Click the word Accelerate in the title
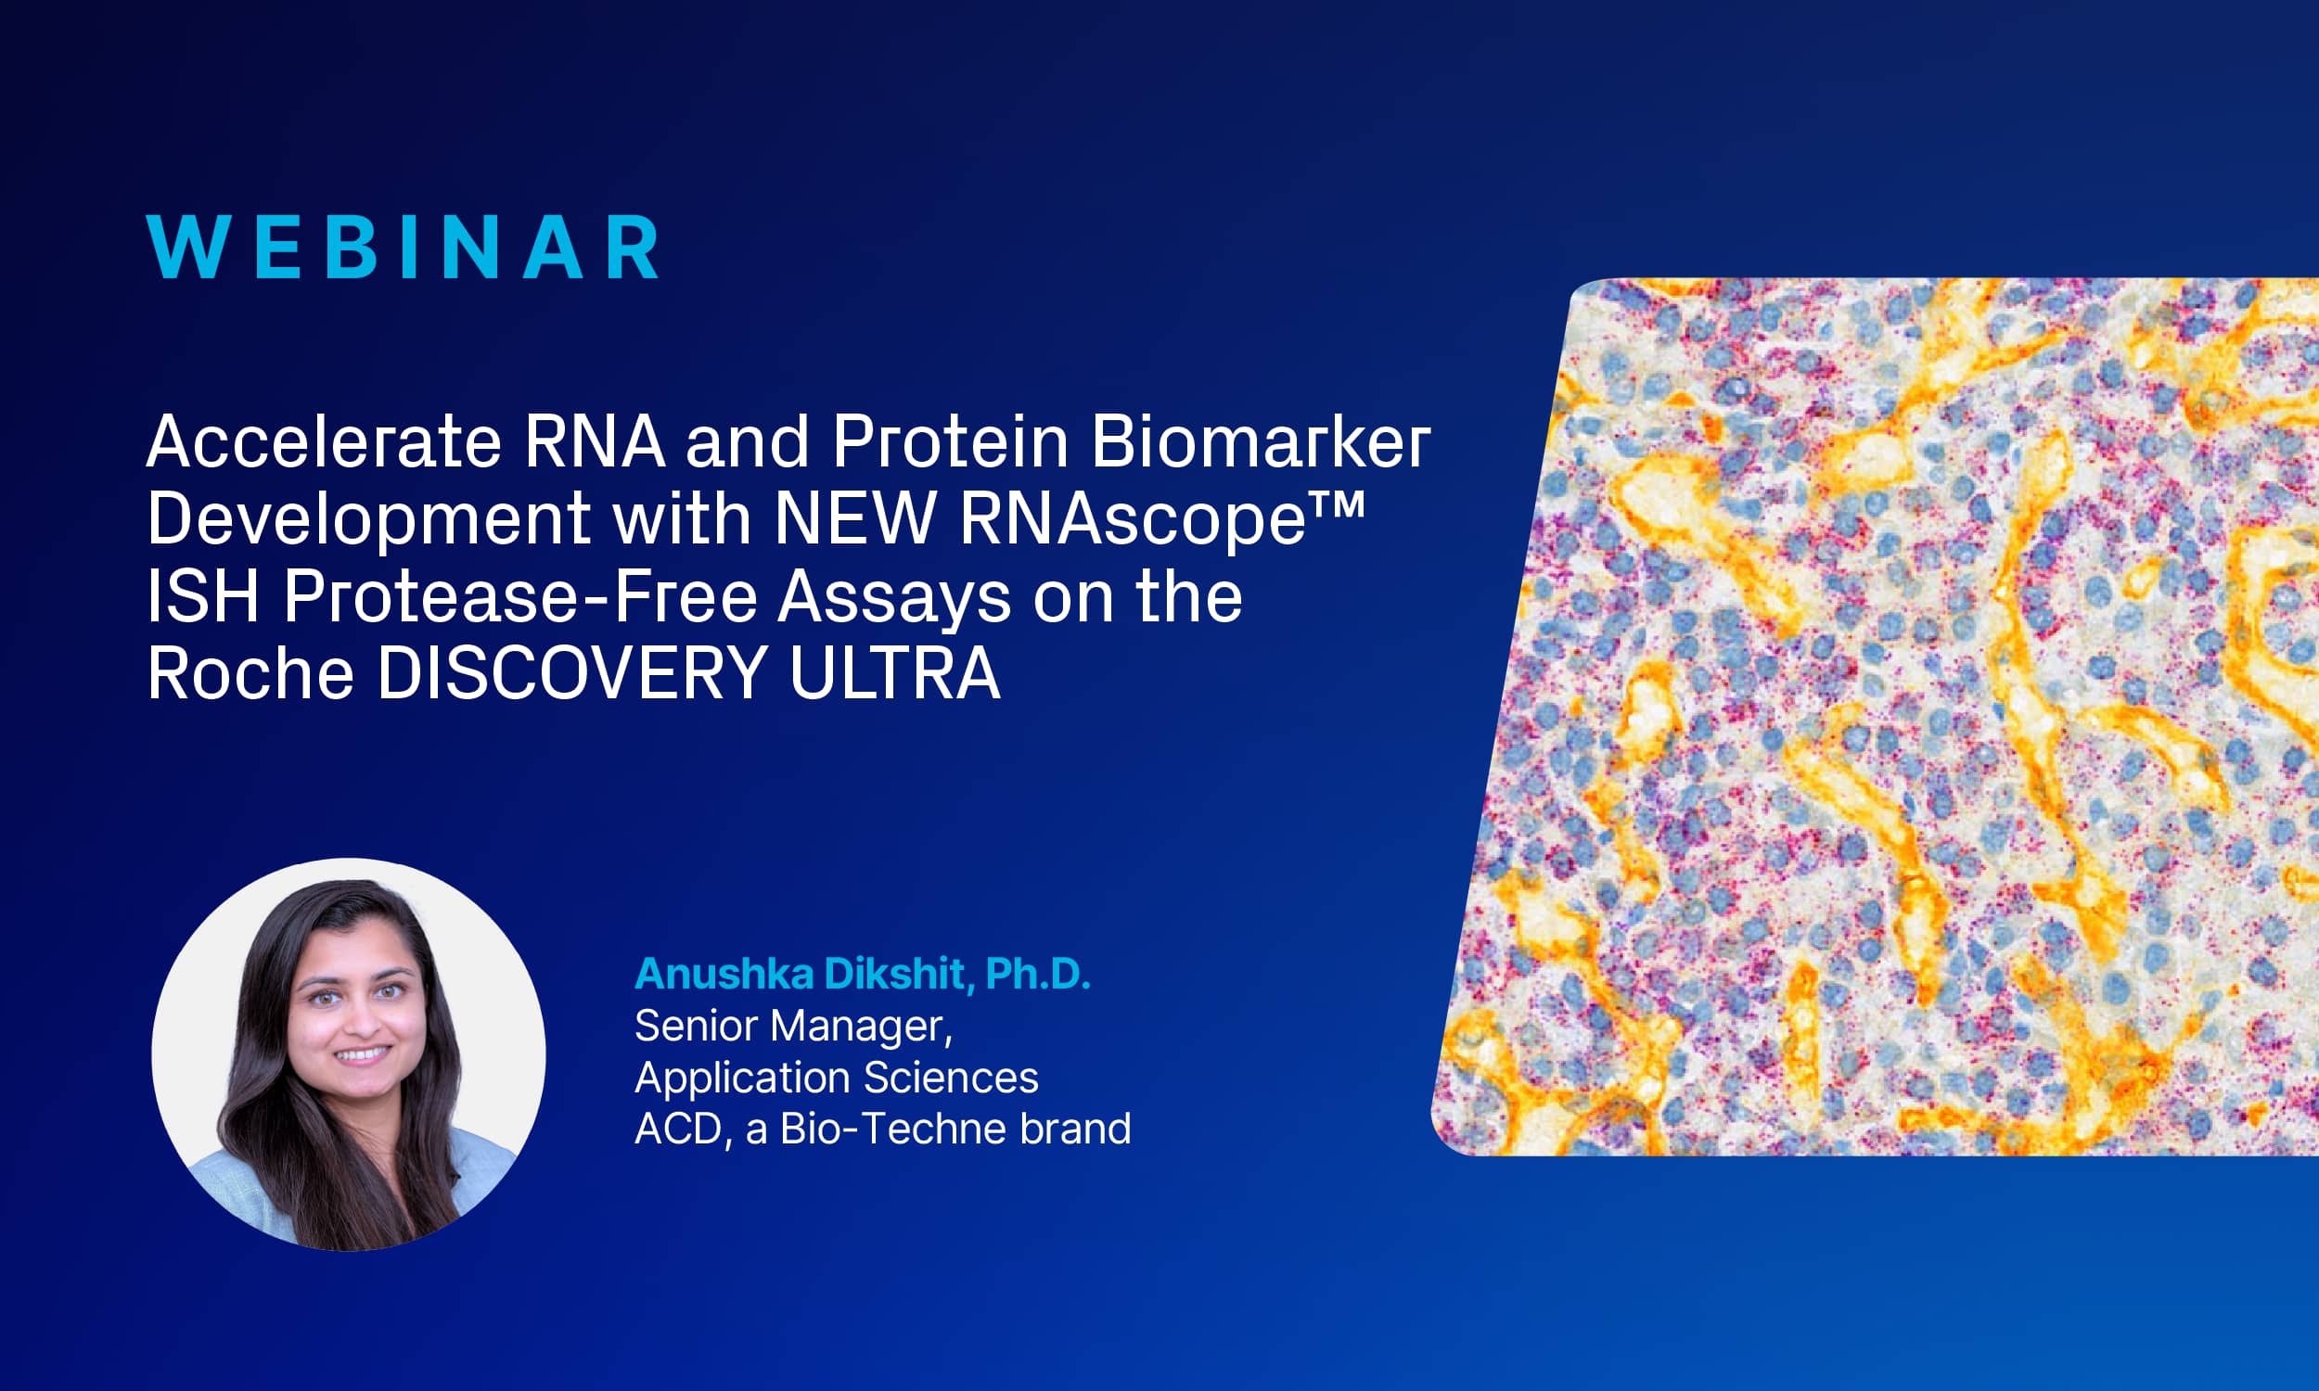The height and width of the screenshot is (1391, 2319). click(x=325, y=441)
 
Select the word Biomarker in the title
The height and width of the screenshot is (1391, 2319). click(x=1260, y=441)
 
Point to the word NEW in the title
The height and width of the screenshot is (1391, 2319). click(x=854, y=518)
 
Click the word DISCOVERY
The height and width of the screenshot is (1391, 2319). click(x=571, y=674)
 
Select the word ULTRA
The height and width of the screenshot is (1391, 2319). click(x=894, y=674)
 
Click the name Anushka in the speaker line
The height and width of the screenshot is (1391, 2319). click(x=724, y=975)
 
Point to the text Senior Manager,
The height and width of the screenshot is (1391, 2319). click(x=793, y=1027)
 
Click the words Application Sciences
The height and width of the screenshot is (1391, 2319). click(x=836, y=1078)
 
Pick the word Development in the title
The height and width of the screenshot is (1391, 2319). click(x=368, y=518)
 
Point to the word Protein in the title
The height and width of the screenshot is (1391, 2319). click(x=950, y=441)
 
